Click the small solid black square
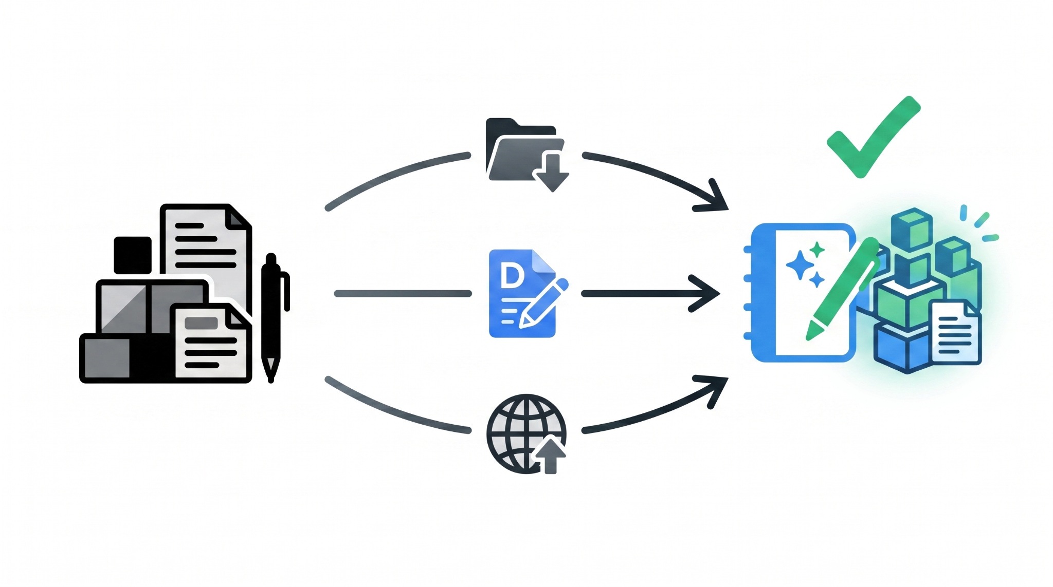[x=133, y=255]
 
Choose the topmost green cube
[x=912, y=228]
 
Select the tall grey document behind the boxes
[x=206, y=252]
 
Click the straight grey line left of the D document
[x=403, y=294]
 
